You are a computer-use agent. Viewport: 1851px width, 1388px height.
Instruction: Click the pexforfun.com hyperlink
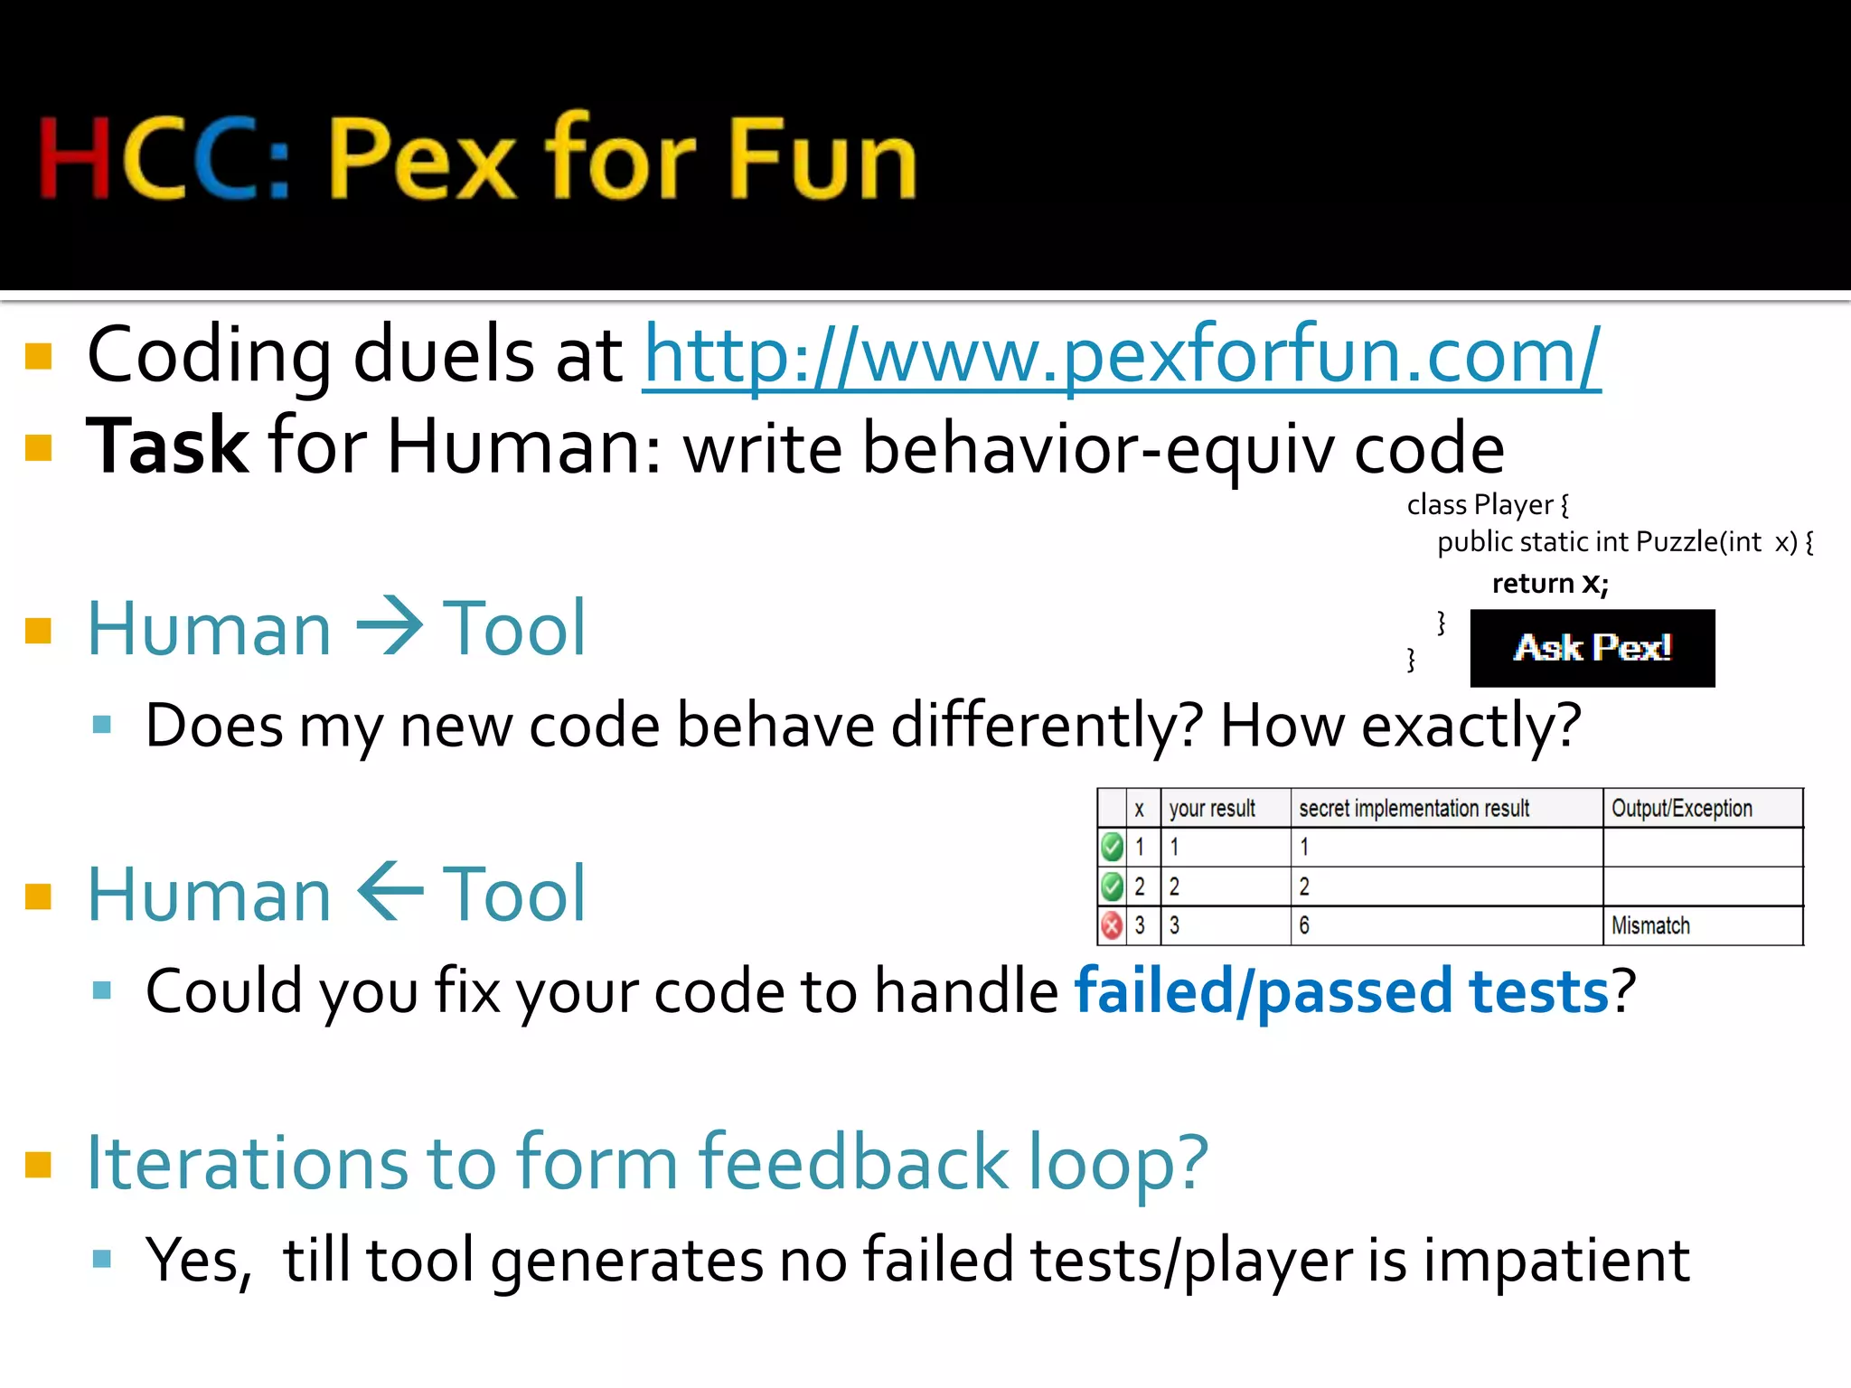pyautogui.click(x=1121, y=356)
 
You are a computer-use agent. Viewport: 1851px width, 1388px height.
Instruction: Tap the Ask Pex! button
pyautogui.click(x=1592, y=648)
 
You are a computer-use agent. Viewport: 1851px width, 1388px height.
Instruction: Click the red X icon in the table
pyautogui.click(x=1112, y=925)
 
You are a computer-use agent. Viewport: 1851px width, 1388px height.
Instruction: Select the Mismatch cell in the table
pyautogui.click(x=1650, y=925)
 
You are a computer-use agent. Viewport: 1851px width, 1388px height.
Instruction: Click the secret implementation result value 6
pyautogui.click(x=1304, y=925)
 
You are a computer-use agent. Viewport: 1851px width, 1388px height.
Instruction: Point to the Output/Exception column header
pyautogui.click(x=1681, y=808)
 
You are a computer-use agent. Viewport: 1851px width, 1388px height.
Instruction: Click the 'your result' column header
pyautogui.click(x=1212, y=808)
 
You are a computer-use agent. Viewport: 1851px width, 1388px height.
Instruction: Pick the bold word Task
pyautogui.click(x=167, y=446)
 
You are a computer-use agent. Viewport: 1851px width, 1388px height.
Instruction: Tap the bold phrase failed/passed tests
pyautogui.click(x=1342, y=991)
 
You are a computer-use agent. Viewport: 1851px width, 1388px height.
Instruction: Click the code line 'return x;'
pyautogui.click(x=1550, y=583)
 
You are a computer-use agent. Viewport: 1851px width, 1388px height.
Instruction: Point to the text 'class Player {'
pyautogui.click(x=1488, y=504)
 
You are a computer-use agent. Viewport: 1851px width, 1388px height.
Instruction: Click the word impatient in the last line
pyautogui.click(x=1555, y=1260)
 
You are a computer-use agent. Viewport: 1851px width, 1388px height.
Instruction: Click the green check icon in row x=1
pyautogui.click(x=1112, y=847)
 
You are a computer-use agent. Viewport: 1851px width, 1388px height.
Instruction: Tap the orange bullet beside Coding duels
pyautogui.click(x=39, y=356)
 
